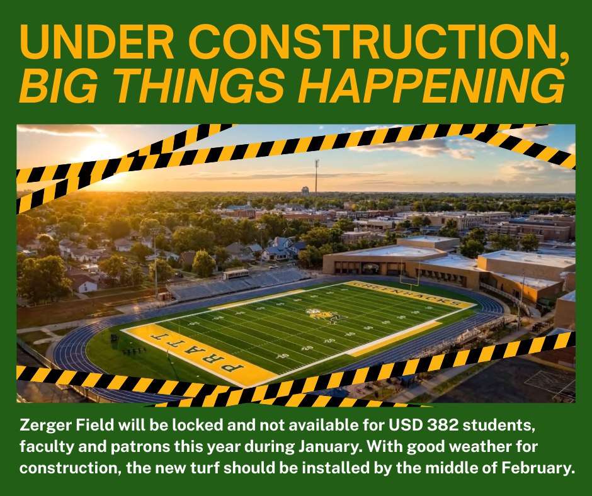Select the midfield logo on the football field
click(x=322, y=314)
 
